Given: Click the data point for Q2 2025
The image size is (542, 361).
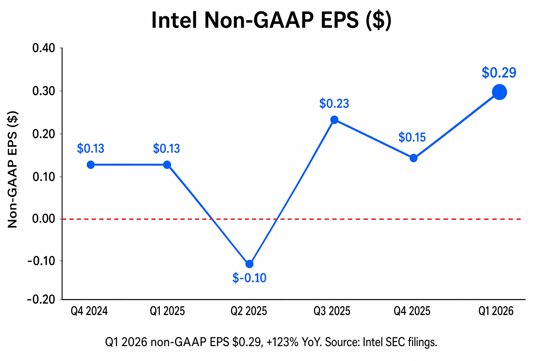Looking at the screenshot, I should pos(249,264).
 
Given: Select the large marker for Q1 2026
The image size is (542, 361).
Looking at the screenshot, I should pos(499,92).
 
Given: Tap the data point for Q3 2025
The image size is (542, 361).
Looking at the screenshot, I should pos(334,120).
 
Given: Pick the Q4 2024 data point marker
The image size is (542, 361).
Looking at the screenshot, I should pos(91,165).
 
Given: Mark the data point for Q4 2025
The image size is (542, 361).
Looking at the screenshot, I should pos(413,158).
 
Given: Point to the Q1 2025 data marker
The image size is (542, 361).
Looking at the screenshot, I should pos(167,165).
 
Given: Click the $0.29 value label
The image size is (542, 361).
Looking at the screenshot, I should pos(499,73).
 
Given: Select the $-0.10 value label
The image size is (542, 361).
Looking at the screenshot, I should pos(249,278).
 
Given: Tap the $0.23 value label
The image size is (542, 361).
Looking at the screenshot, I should pos(334,104).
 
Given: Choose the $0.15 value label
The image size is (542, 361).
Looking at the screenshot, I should pos(412,137).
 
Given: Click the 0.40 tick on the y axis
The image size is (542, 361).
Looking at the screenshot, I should pos(44,48).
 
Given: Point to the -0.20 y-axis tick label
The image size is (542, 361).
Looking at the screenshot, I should pos(41,299).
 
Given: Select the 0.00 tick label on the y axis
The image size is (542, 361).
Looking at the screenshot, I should pos(44,219).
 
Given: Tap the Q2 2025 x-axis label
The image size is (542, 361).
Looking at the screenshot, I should pos(249,311).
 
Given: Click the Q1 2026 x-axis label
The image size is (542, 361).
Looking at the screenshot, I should pos(496,311).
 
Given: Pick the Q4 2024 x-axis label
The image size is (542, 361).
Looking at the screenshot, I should pos(89,311).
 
